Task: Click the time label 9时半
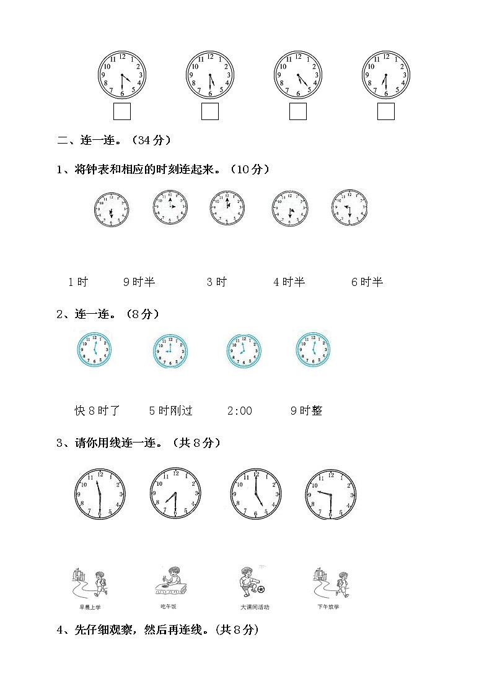pyautogui.click(x=139, y=282)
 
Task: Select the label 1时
pyautogui.click(x=78, y=282)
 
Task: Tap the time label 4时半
pyautogui.click(x=289, y=282)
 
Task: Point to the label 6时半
pyautogui.click(x=367, y=282)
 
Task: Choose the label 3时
pyautogui.click(x=217, y=282)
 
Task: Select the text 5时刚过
pyautogui.click(x=171, y=410)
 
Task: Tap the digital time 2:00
pyautogui.click(x=240, y=410)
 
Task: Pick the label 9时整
pyautogui.click(x=306, y=410)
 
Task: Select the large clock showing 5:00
pyautogui.click(x=255, y=493)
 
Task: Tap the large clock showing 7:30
pyautogui.click(x=175, y=493)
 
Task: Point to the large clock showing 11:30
pyautogui.click(x=99, y=493)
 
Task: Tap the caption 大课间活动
pyautogui.click(x=255, y=607)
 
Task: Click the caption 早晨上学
pyautogui.click(x=90, y=607)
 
